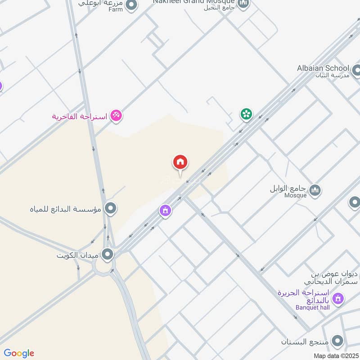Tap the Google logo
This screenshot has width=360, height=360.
[19, 353]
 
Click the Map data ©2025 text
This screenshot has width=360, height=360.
[335, 355]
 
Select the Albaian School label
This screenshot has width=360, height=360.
[323, 68]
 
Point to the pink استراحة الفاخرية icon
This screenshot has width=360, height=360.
[116, 116]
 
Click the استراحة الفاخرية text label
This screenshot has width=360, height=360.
[79, 117]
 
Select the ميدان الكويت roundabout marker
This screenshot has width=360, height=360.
[108, 255]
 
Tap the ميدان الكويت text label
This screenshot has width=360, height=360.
[77, 256]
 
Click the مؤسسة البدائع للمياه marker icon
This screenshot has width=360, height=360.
[110, 208]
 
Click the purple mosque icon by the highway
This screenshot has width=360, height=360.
[166, 210]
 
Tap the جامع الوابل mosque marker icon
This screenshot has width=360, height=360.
[315, 190]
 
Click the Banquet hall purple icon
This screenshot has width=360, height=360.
[338, 298]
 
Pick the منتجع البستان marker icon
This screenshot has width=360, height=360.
[336, 341]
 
